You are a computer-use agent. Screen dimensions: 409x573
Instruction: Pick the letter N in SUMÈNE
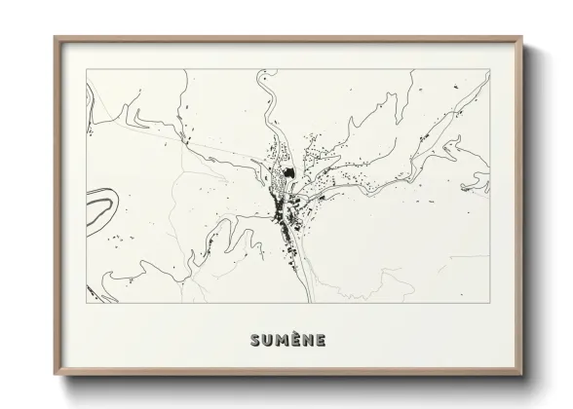pos(308,340)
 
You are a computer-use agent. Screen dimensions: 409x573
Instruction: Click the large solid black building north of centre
pos(288,177)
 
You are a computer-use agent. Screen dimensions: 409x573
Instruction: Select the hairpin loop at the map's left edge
pos(100,207)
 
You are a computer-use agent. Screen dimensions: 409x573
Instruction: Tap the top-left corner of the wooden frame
pos(55,38)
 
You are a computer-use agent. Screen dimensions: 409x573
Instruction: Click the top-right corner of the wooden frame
pos(520,38)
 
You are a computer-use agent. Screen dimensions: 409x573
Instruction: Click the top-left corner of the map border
pos(86,69)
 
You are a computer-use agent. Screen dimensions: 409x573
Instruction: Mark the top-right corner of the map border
pos(489,69)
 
